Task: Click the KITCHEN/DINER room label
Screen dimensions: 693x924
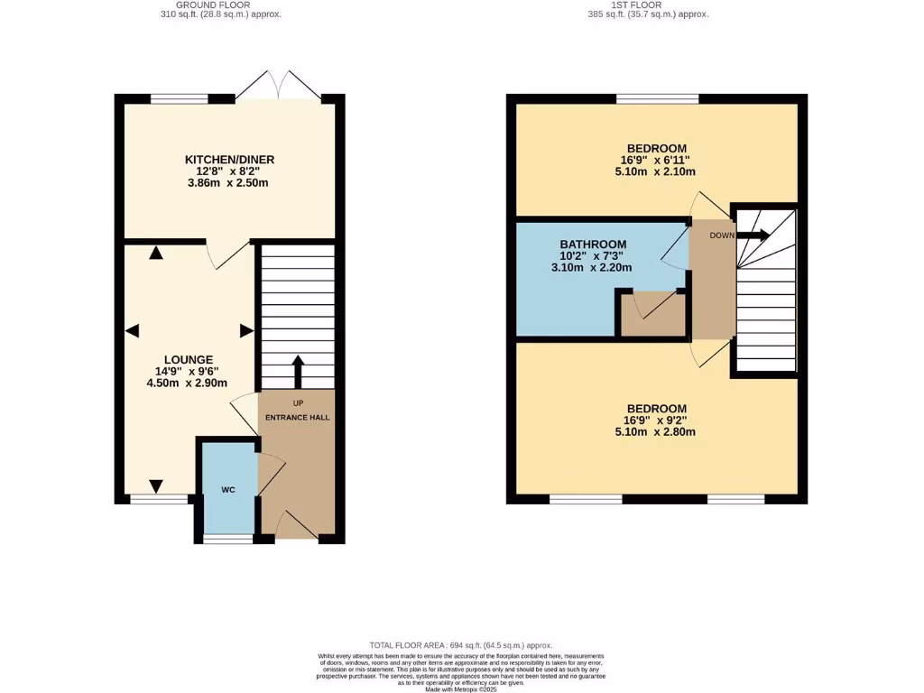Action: pos(231,160)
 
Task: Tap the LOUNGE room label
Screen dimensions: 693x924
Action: pos(189,359)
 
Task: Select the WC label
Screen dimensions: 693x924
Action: pos(228,490)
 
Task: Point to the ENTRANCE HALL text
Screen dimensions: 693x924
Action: pos(297,418)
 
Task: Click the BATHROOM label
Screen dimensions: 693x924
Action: pos(593,245)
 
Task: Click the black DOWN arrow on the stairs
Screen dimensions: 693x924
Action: pos(753,236)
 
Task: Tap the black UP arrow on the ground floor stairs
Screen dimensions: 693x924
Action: pos(297,370)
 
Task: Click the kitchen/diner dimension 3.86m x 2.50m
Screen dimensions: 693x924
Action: pos(231,183)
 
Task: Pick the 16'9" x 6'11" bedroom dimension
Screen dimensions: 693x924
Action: pos(657,160)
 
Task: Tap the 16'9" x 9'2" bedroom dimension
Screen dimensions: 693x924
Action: pos(657,420)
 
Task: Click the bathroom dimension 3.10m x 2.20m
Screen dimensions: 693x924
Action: pos(591,267)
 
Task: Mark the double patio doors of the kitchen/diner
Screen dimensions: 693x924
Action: pos(280,85)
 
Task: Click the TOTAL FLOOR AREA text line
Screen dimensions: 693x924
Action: pos(462,645)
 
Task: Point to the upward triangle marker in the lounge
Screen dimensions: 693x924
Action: pos(156,254)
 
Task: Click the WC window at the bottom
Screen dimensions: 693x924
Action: pos(228,539)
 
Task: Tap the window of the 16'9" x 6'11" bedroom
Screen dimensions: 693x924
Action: pos(657,97)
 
